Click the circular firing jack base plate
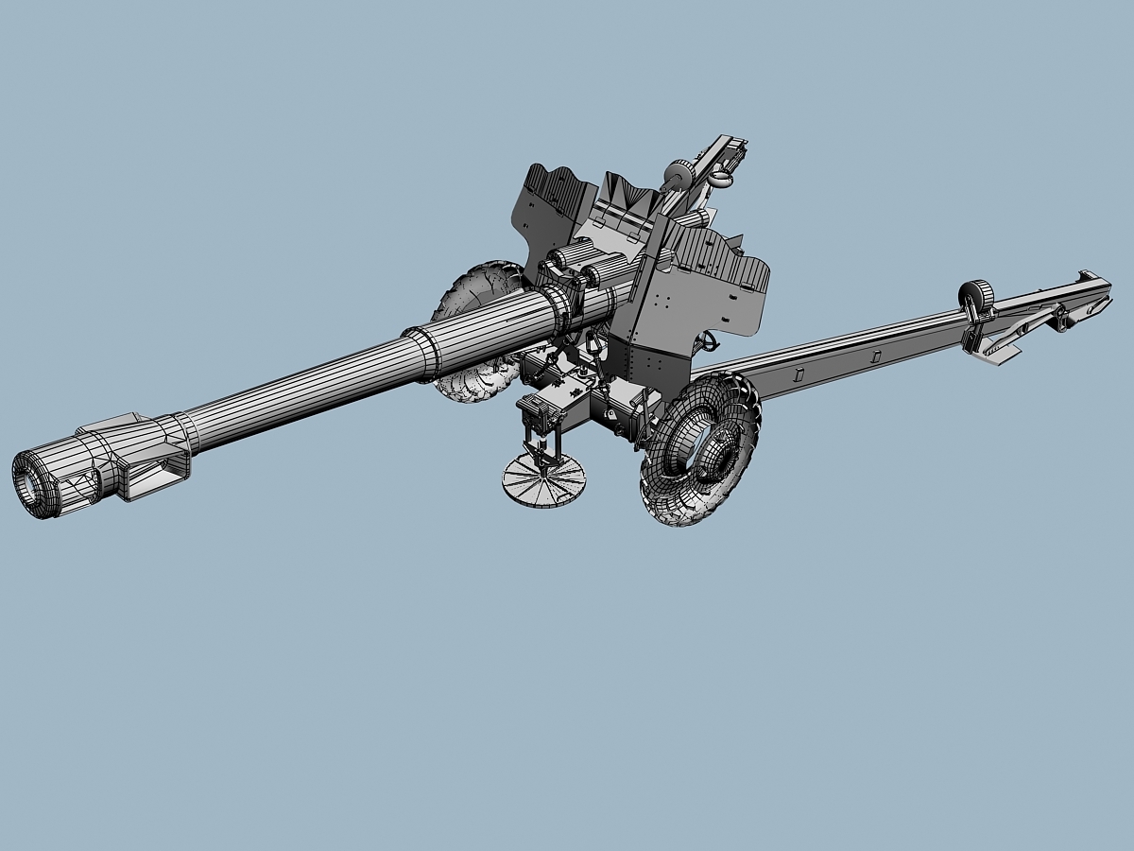click(543, 480)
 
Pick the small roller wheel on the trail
click(976, 297)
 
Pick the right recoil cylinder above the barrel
click(605, 274)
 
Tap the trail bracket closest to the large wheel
click(799, 374)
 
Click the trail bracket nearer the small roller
click(874, 356)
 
